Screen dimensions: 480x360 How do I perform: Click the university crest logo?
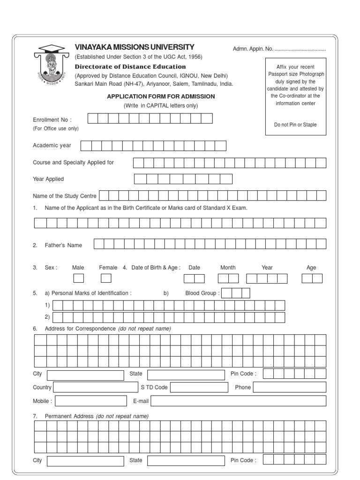[50, 66]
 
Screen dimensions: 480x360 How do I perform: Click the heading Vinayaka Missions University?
[135, 47]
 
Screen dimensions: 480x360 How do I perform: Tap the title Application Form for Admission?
[161, 97]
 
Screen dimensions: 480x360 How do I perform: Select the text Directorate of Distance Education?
[130, 67]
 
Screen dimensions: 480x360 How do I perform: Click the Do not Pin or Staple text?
[295, 125]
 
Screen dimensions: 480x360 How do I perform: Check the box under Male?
[78, 278]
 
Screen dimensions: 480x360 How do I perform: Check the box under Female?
[106, 278]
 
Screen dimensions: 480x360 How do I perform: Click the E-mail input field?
[239, 401]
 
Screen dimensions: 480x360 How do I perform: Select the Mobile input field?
[91, 401]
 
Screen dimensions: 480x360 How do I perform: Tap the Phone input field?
[289, 387]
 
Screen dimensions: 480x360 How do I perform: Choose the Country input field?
[95, 387]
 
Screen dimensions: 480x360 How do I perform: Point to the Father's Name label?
[63, 245]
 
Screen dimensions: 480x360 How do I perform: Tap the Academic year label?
[52, 145]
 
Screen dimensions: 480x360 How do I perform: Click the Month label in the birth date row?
[228, 268]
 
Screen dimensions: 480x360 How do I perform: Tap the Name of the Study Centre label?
[65, 196]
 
